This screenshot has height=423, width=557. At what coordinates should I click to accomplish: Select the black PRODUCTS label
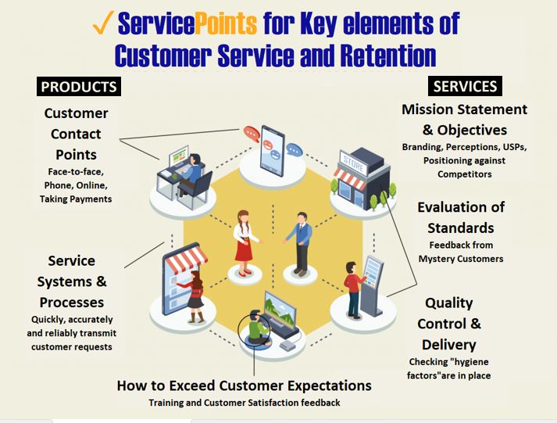coord(79,86)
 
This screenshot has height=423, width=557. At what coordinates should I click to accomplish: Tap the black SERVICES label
coord(465,86)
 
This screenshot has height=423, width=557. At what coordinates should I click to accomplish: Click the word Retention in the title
coord(377,56)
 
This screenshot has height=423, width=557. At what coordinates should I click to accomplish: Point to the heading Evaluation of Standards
coord(461,217)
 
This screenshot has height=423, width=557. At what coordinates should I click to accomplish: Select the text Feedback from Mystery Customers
coord(461,251)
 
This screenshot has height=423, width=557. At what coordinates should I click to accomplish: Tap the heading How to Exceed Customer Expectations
coord(244,385)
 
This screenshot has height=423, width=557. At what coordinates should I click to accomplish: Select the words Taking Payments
coord(76,199)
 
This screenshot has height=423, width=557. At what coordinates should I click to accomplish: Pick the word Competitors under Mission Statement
coord(465,174)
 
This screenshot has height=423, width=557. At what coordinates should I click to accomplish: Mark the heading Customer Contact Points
coord(76,133)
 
